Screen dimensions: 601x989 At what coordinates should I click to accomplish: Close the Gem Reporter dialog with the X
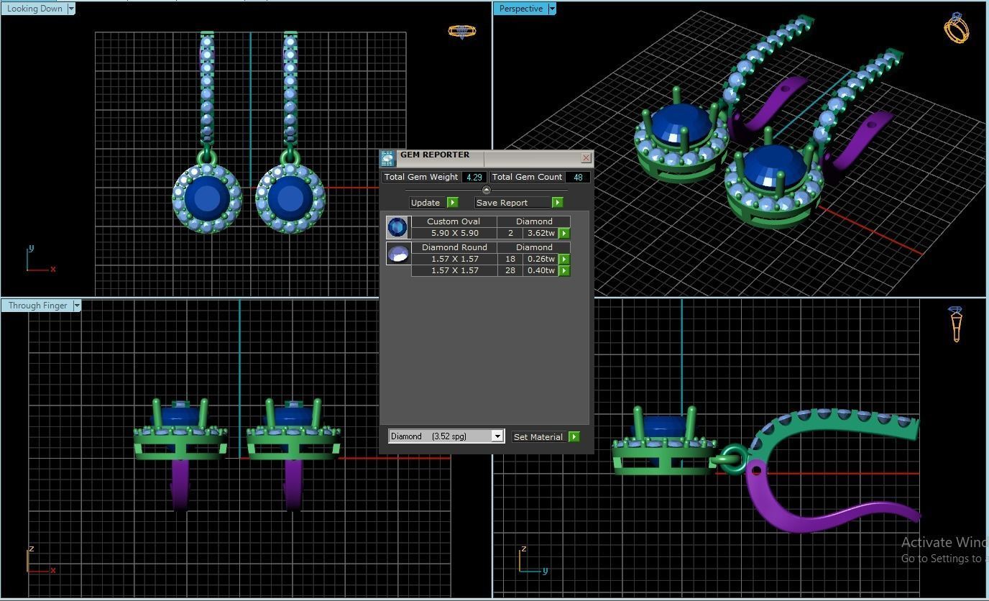click(x=586, y=157)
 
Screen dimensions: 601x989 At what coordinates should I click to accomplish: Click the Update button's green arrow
click(x=452, y=203)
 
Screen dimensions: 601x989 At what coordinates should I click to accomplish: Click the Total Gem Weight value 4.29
click(x=474, y=177)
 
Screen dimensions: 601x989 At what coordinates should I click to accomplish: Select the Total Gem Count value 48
click(x=577, y=177)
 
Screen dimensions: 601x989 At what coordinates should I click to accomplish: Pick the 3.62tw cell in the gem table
click(x=540, y=233)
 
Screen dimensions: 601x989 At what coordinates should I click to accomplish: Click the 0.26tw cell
click(x=540, y=259)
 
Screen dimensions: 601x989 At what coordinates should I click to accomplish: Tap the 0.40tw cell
click(x=540, y=270)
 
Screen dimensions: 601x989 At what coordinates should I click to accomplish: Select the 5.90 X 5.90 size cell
click(x=454, y=233)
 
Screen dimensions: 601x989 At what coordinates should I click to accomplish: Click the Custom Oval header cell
click(x=453, y=221)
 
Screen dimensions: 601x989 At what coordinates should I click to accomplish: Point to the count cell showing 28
click(x=510, y=270)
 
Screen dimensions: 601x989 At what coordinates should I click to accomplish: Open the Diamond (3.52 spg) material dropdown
click(x=497, y=436)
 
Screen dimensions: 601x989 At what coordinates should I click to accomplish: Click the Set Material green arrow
click(x=574, y=436)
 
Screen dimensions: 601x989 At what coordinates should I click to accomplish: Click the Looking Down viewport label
click(x=34, y=9)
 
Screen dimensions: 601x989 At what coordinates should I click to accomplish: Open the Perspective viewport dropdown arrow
click(x=552, y=9)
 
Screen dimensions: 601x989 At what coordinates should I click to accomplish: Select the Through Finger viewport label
click(x=37, y=306)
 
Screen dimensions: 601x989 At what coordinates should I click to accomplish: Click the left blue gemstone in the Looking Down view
click(x=207, y=198)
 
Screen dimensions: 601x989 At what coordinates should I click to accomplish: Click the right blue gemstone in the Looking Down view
click(x=290, y=198)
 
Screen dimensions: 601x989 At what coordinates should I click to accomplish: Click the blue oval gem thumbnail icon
click(x=397, y=227)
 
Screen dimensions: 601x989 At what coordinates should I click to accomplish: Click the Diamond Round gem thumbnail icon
click(x=397, y=253)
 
